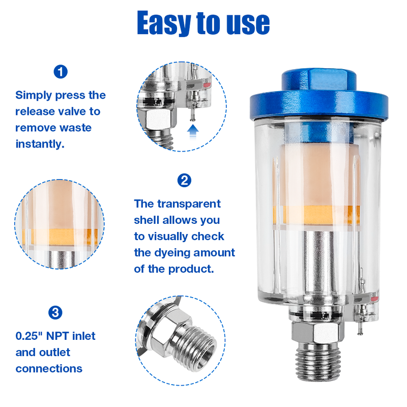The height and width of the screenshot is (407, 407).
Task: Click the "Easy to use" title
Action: (x=203, y=23)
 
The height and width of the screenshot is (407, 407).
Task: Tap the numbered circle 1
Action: (x=61, y=72)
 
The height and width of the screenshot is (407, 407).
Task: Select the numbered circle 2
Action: (x=184, y=181)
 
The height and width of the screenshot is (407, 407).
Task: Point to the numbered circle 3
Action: (x=55, y=312)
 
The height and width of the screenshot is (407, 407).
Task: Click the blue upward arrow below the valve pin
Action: (x=193, y=132)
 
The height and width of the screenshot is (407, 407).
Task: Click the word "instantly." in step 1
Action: (x=40, y=144)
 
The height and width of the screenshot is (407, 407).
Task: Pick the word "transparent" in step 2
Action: (x=189, y=204)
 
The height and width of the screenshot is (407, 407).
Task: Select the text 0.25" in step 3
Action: (x=29, y=336)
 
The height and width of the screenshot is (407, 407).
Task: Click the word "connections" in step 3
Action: (x=49, y=369)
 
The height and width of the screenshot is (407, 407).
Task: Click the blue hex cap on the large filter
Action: (x=319, y=95)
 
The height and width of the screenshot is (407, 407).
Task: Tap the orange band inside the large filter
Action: (x=316, y=215)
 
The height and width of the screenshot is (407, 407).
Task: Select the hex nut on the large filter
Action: (x=317, y=332)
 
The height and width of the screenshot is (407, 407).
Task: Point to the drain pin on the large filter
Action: (x=360, y=328)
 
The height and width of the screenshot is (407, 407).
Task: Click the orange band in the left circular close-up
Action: (x=60, y=237)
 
